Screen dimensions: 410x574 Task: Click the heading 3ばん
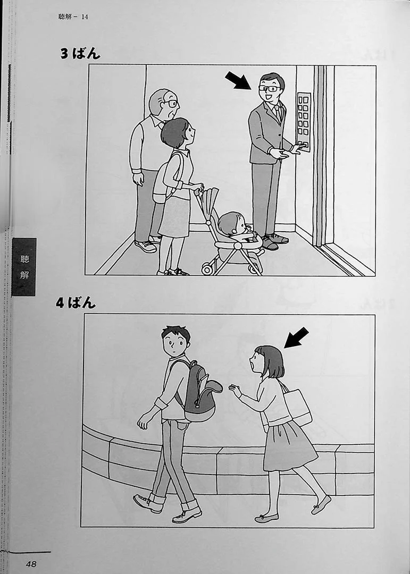click(x=80, y=54)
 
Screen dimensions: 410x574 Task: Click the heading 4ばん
click(x=76, y=303)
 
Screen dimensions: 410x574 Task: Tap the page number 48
click(x=31, y=564)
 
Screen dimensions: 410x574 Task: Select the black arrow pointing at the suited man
click(x=238, y=81)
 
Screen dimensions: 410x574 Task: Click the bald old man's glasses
click(x=171, y=104)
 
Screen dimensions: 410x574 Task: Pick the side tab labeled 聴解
click(x=24, y=266)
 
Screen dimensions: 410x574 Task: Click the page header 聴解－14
click(x=73, y=16)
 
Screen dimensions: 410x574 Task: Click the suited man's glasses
click(x=270, y=88)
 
